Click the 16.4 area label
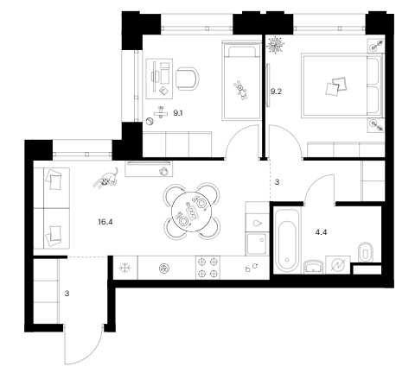pos(105,222)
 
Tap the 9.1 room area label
pos(178,113)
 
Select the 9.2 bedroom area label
pos(276,92)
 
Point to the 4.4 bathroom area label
pos(321,232)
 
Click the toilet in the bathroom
pos(366,252)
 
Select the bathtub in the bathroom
pos(287,241)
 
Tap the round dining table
pos(191,212)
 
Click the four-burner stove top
pos(207,268)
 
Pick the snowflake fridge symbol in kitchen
pos(125,268)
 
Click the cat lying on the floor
pos(106,179)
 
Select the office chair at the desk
pos(188,79)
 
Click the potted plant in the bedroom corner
pos(276,45)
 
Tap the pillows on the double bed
pos(336,85)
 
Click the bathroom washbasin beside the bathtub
pos(313,267)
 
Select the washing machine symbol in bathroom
pos(338,265)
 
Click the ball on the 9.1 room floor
pos(150,122)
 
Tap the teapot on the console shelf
pos(163,171)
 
